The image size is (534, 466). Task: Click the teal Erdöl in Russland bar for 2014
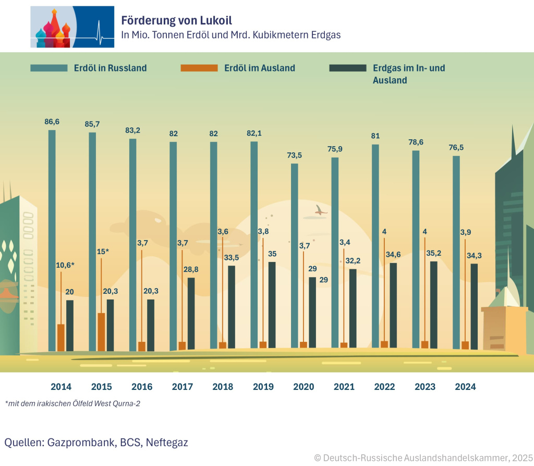click(52, 240)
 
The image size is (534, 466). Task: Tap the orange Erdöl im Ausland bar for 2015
click(102, 332)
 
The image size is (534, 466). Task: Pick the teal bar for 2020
click(295, 256)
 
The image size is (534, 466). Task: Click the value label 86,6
click(52, 122)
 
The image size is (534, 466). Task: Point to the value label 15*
click(102, 252)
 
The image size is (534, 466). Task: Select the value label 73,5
click(295, 156)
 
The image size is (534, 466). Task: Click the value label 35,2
click(433, 254)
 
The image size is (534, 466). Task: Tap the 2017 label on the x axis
click(183, 387)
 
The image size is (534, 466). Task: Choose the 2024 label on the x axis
click(465, 387)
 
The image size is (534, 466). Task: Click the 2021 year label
click(344, 387)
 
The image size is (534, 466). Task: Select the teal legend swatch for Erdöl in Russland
click(49, 68)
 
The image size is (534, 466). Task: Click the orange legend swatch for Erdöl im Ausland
click(199, 68)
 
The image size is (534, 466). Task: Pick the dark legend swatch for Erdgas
click(348, 68)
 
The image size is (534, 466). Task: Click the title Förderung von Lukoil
click(176, 20)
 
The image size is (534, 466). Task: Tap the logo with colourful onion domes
click(72, 27)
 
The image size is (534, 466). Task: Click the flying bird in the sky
click(319, 210)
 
